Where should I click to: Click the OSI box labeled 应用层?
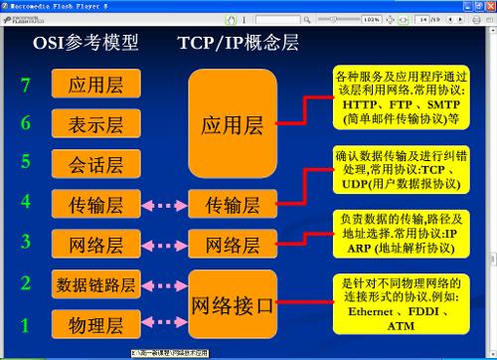[94, 86]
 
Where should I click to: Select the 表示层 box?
[94, 124]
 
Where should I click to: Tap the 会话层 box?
[94, 164]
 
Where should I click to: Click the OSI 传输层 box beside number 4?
[94, 205]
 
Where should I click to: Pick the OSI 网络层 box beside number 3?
[94, 244]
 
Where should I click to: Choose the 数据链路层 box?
[94, 284]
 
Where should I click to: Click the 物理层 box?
[94, 324]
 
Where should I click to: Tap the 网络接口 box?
[232, 304]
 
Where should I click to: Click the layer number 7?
[27, 86]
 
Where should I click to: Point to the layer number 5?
[27, 164]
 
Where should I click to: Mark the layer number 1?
[27, 324]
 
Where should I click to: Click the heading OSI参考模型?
[85, 44]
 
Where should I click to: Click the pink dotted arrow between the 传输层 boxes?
[160, 206]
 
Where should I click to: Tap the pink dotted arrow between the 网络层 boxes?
[160, 245]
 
